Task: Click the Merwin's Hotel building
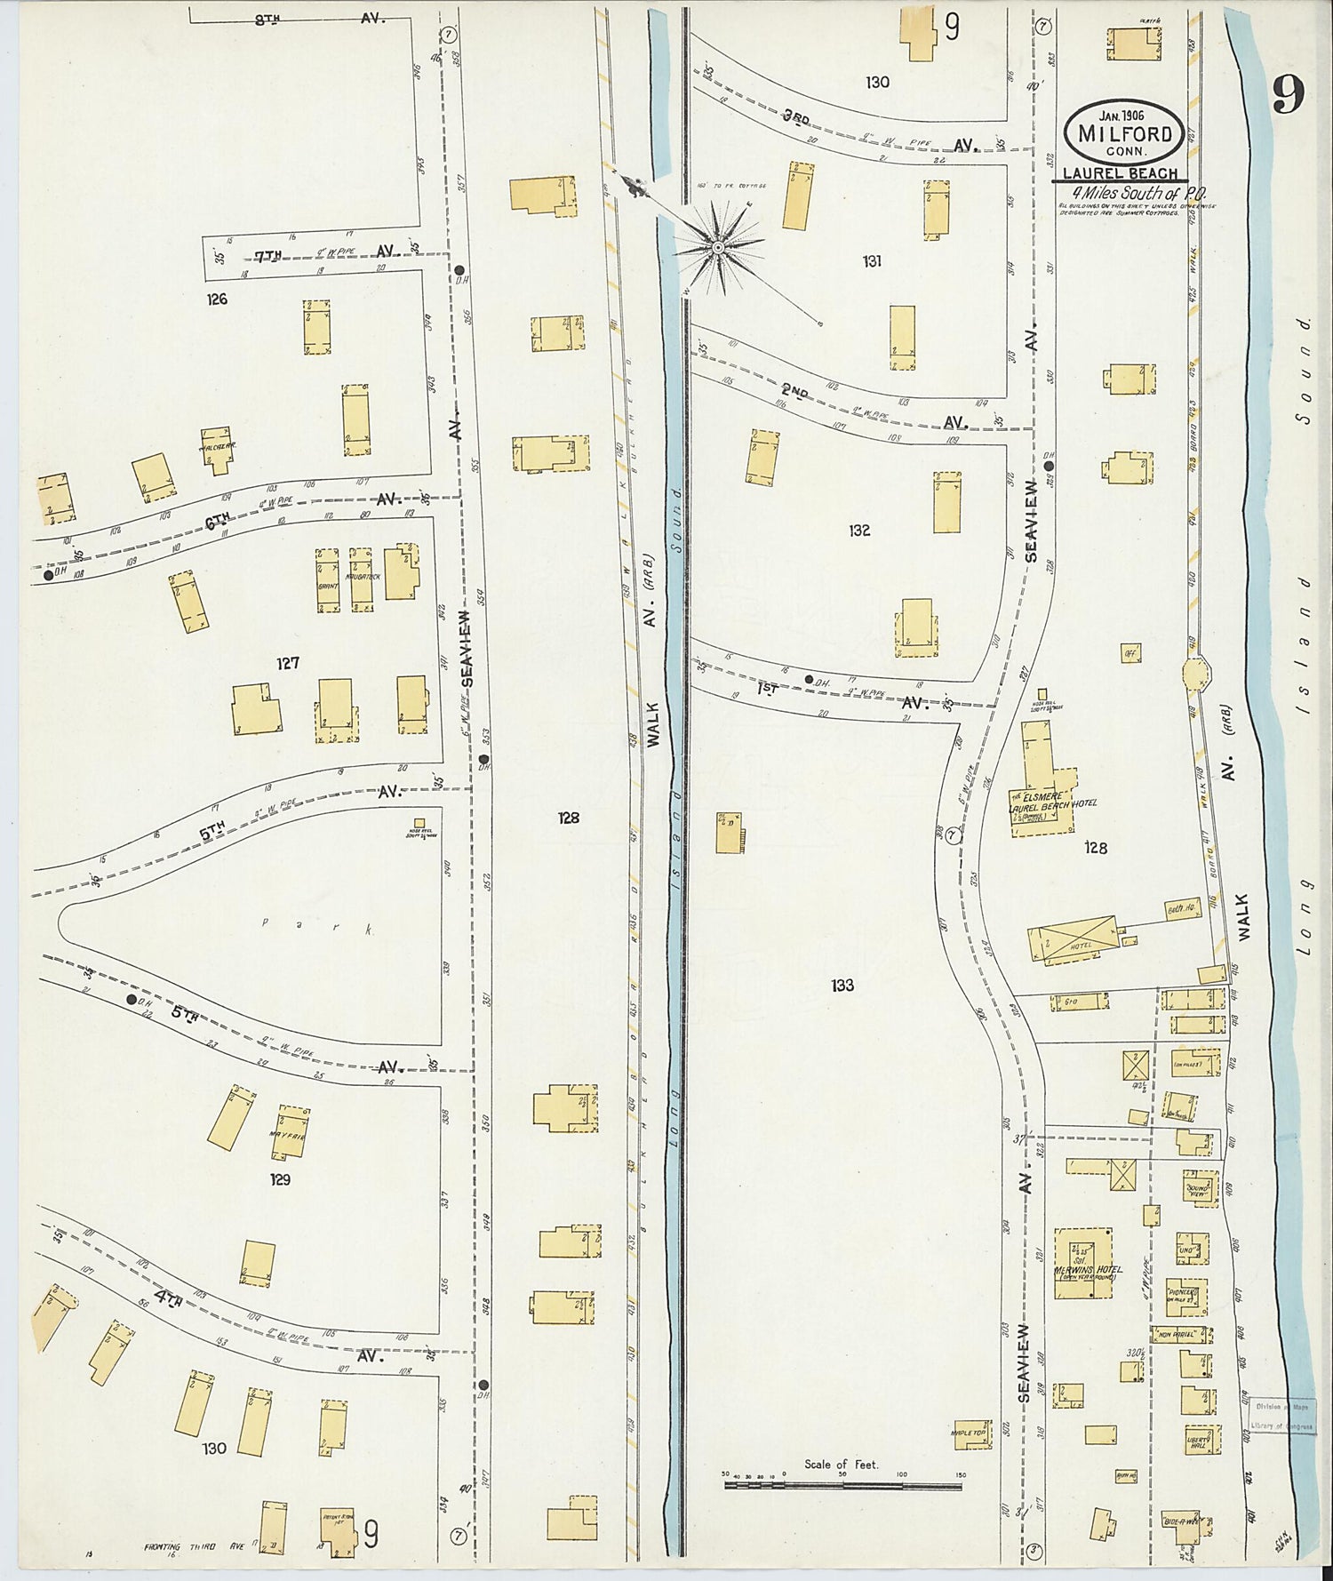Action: coord(1082,1265)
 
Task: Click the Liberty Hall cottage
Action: coord(1199,1441)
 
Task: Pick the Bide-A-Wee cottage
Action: coord(1180,1521)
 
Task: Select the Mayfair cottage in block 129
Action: coord(289,1132)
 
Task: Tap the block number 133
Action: coord(842,985)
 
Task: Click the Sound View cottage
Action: coord(1196,1189)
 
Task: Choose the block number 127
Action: coord(287,663)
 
